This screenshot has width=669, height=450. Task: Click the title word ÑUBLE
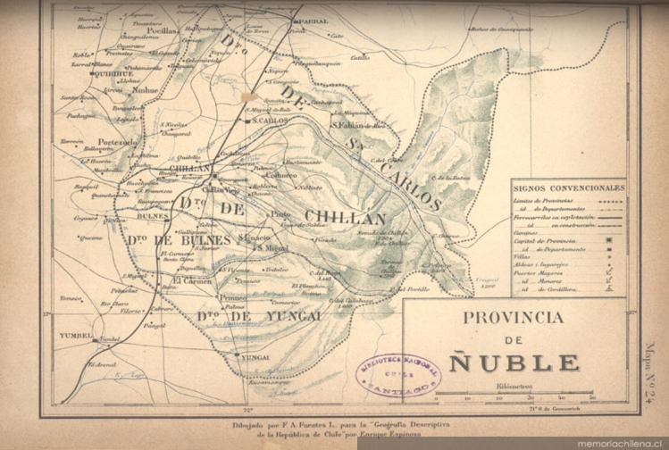click(514, 362)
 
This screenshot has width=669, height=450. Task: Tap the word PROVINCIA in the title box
click(513, 317)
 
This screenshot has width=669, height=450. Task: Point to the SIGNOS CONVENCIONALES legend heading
click(568, 188)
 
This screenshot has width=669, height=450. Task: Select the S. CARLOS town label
click(270, 120)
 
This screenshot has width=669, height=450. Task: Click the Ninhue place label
click(145, 90)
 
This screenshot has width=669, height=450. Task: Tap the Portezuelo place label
click(118, 142)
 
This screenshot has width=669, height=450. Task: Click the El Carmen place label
click(189, 279)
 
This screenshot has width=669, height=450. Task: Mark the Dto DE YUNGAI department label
click(246, 316)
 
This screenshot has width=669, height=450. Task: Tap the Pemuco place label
click(233, 298)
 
